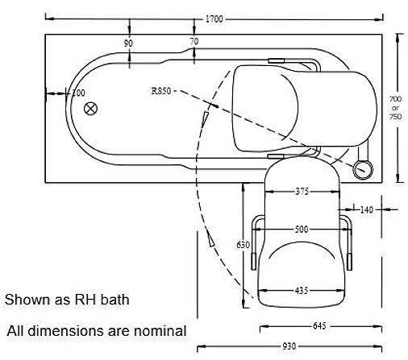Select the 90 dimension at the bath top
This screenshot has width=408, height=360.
(128, 42)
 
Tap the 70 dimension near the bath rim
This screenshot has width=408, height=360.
(194, 42)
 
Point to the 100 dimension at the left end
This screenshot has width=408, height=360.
(77, 93)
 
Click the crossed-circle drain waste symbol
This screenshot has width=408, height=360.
(91, 108)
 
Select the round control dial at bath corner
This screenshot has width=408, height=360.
(363, 169)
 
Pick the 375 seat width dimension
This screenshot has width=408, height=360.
(301, 192)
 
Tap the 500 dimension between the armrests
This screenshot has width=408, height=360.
(302, 230)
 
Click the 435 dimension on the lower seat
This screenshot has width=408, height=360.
(302, 290)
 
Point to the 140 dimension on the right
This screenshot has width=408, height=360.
(365, 210)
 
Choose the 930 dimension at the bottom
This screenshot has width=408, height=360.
(290, 346)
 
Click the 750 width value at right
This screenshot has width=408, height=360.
(395, 117)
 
